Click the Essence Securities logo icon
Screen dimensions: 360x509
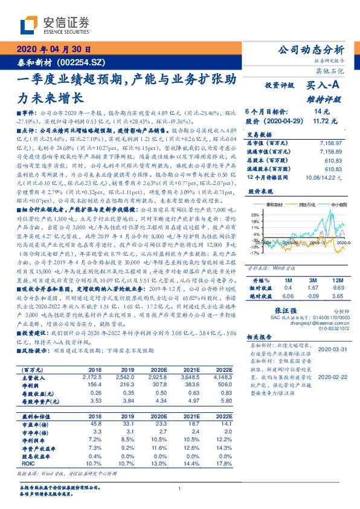(x=30, y=24)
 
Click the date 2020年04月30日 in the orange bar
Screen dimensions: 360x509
(x=52, y=50)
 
